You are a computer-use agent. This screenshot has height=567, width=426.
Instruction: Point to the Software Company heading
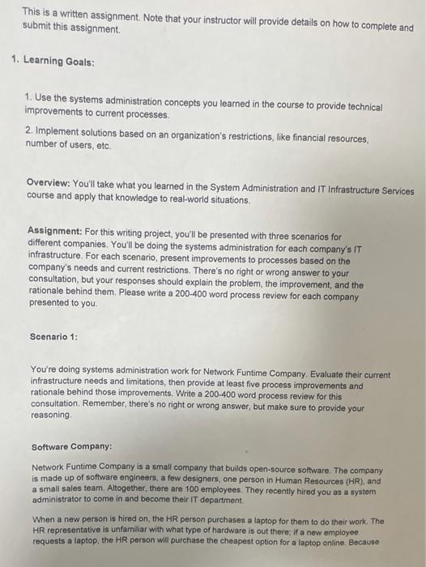(x=71, y=446)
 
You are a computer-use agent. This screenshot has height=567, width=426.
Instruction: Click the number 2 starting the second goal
(x=28, y=130)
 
